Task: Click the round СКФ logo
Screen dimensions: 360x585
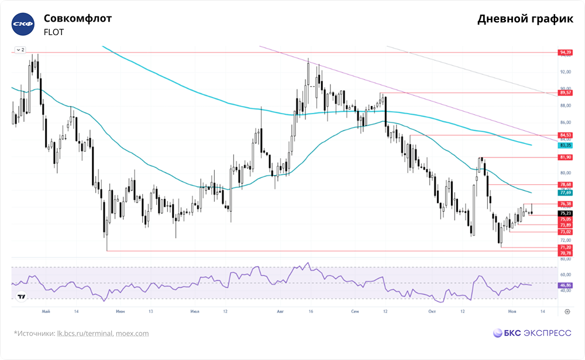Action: tap(24, 25)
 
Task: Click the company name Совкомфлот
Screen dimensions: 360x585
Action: tap(78, 18)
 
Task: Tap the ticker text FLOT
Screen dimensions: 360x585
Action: tap(54, 33)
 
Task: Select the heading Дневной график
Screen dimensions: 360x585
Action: tap(525, 19)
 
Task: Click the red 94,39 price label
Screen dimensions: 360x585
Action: tap(565, 53)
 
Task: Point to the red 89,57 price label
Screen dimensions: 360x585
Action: tap(565, 92)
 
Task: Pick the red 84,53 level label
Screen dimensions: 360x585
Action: tap(565, 135)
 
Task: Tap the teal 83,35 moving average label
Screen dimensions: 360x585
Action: tap(565, 145)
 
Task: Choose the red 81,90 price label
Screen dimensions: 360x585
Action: tap(565, 157)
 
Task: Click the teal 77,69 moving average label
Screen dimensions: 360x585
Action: tap(565, 193)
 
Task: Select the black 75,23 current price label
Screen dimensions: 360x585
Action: tap(565, 213)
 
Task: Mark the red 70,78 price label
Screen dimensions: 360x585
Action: tap(565, 253)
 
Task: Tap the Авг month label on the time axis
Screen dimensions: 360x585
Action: tap(280, 312)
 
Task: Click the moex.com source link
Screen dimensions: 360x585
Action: tap(132, 334)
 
